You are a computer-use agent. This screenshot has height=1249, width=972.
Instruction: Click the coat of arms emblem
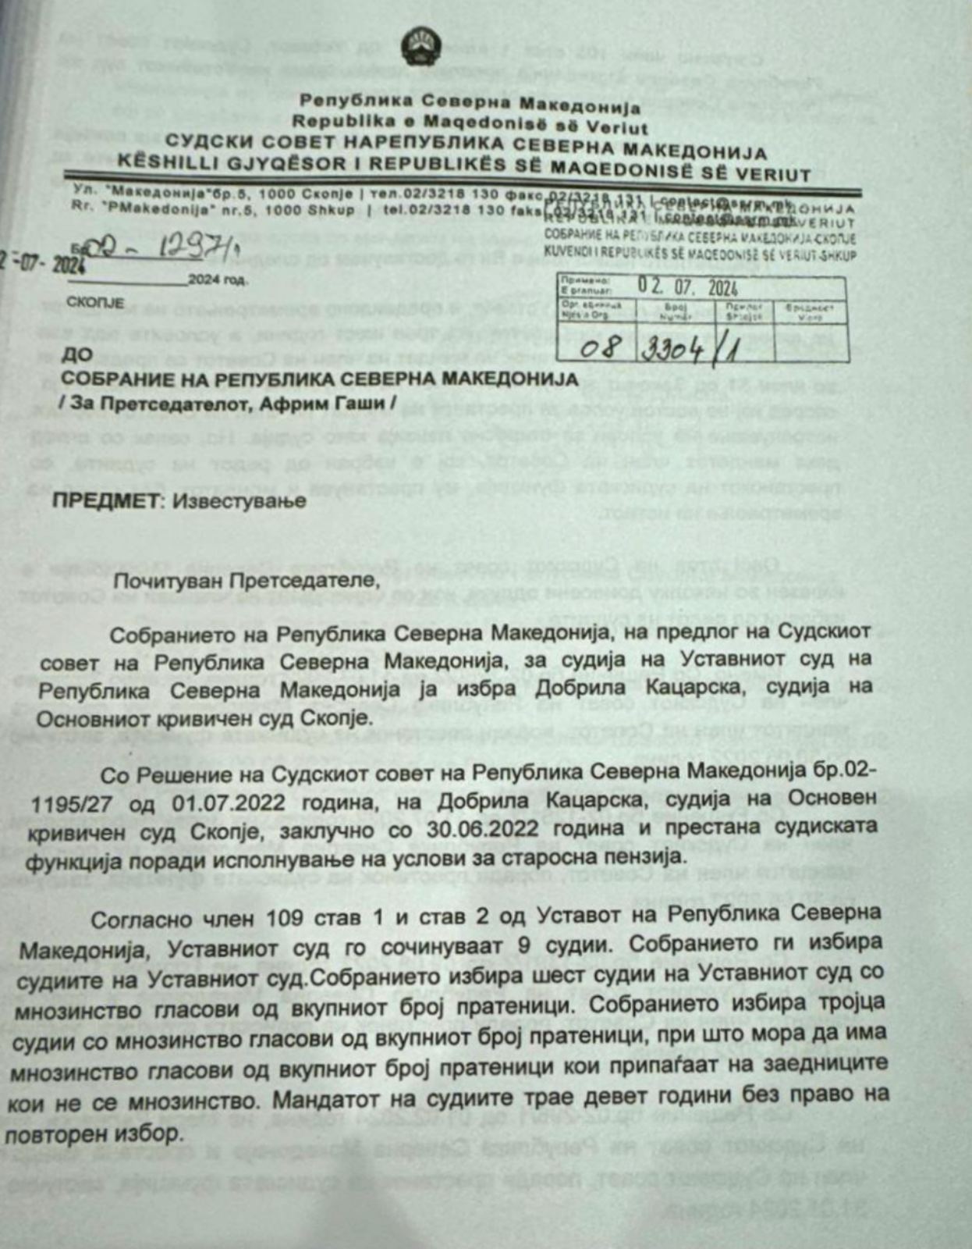click(421, 48)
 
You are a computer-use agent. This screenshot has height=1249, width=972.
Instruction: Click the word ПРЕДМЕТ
click(105, 501)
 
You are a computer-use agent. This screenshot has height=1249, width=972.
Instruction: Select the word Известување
click(239, 501)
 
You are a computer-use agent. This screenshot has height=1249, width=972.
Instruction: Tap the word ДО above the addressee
click(76, 354)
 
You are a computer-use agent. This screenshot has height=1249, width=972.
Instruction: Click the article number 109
click(303, 918)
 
